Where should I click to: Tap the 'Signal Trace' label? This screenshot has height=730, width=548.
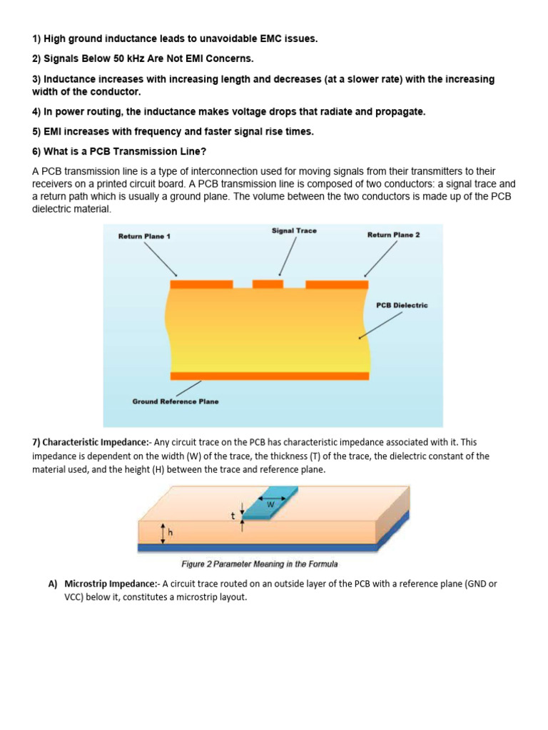[x=294, y=231]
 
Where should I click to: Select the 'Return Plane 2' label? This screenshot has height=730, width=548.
[x=393, y=235]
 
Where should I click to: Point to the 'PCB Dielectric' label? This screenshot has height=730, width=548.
[x=402, y=305]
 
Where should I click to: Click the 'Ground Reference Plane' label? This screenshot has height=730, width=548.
[x=176, y=401]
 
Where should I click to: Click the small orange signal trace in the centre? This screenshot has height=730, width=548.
[x=268, y=284]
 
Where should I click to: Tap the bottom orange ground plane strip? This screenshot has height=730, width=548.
[x=270, y=376]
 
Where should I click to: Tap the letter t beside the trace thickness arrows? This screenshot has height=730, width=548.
[x=233, y=513]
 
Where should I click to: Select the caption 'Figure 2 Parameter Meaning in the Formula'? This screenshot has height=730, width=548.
[x=260, y=565]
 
